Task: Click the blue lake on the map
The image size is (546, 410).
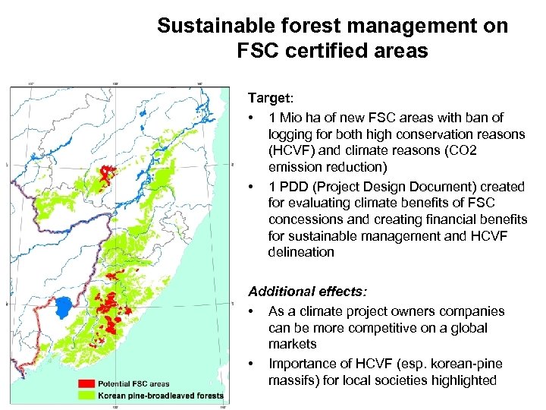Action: (63, 307)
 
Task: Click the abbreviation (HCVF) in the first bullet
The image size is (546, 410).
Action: (290, 150)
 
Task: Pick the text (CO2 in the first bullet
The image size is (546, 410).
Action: (455, 150)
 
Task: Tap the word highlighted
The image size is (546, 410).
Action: (464, 380)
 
